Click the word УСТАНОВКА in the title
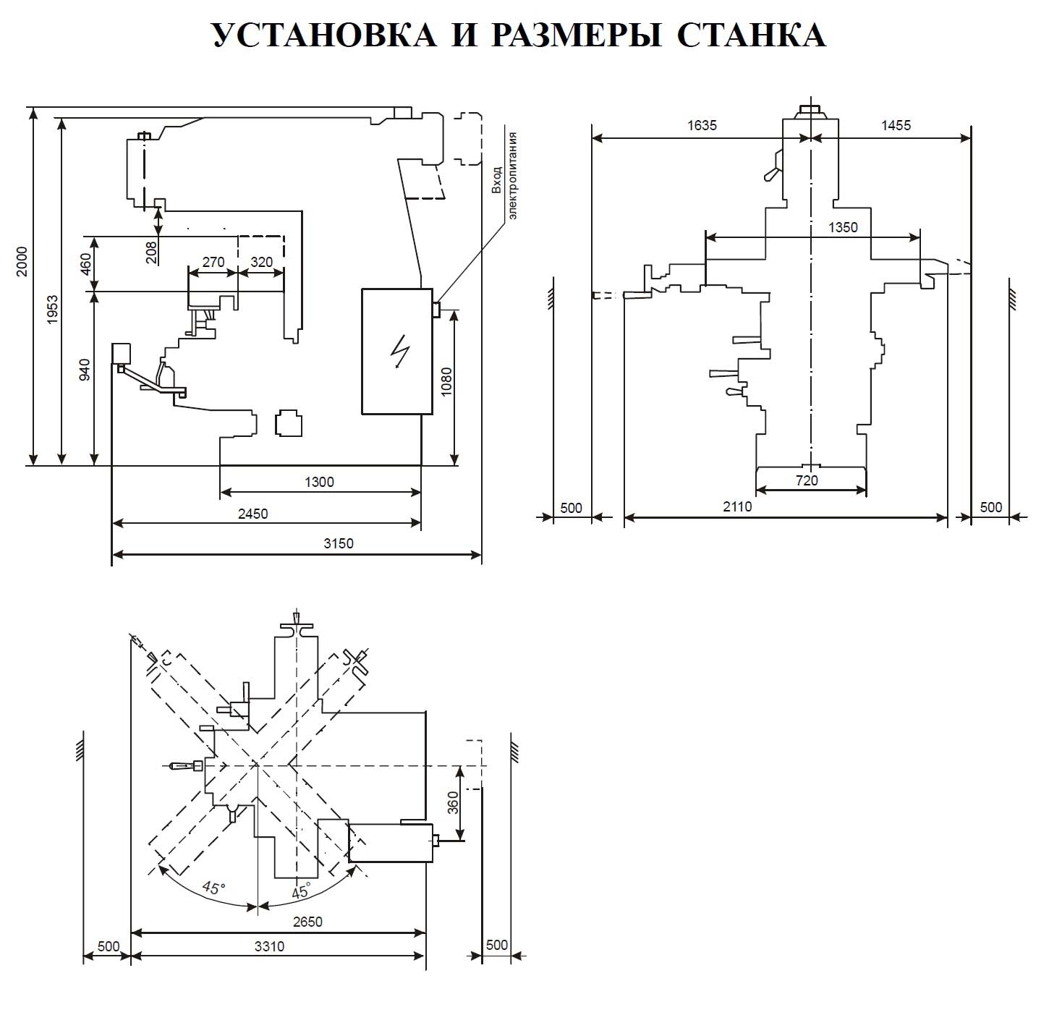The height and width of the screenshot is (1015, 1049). [x=323, y=34]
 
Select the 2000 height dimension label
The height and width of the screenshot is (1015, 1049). [x=22, y=261]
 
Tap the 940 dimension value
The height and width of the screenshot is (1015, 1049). [x=85, y=370]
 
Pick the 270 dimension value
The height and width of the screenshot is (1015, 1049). [x=213, y=262]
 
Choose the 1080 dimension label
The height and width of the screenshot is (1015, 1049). [x=446, y=382]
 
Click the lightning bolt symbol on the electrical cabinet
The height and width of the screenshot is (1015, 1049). [x=398, y=352]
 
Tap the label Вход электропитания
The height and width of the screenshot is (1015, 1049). [x=505, y=176]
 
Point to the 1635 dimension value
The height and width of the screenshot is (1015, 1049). [x=701, y=125]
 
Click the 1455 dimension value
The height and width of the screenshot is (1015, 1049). [x=896, y=125]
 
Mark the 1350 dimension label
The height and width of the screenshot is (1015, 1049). [x=843, y=227]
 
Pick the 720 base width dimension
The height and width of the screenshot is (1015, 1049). [x=806, y=480]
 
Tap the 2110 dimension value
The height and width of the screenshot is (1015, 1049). [x=737, y=506]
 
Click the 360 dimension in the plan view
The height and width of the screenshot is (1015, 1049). [x=453, y=802]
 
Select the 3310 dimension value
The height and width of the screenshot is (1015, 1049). [x=268, y=946]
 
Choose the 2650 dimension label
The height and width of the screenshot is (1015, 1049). [x=307, y=921]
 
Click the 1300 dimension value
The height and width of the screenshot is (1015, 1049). [x=319, y=482]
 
